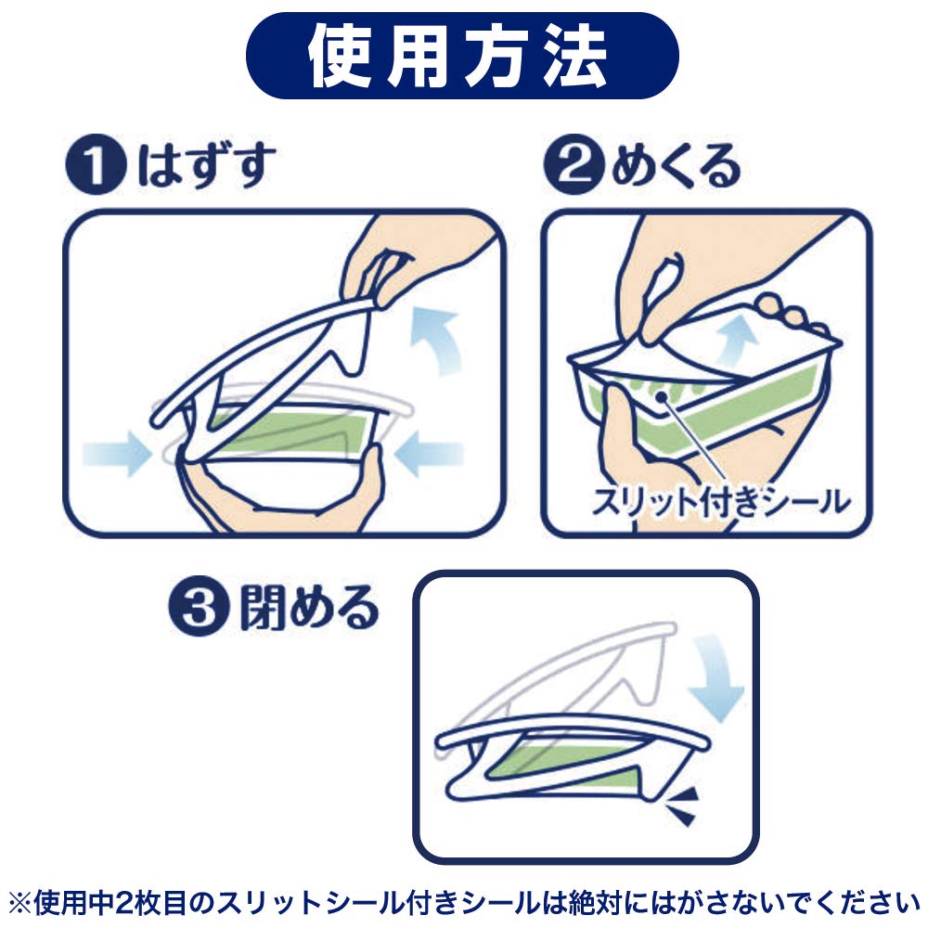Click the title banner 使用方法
point(461,56)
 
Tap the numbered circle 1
point(96,164)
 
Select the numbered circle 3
point(199,606)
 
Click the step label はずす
point(207,164)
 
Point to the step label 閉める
point(309,607)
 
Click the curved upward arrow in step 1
point(438,341)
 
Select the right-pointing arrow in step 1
point(117,454)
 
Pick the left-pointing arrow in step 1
point(428,454)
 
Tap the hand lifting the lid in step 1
point(414,261)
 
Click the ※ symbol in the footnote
point(19,903)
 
